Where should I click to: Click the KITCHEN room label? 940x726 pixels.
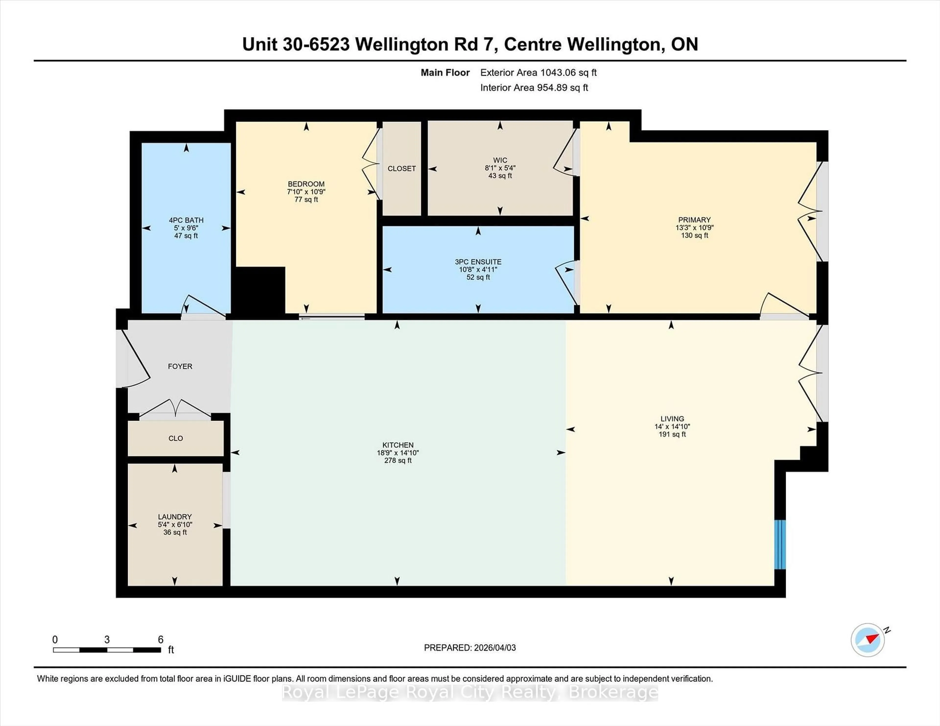click(398, 445)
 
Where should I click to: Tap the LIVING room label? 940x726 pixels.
click(672, 419)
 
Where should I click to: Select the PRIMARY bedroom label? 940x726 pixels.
click(694, 220)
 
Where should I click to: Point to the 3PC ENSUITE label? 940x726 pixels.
click(478, 262)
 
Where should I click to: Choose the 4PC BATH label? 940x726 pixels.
click(186, 220)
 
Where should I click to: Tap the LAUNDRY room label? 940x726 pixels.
click(175, 517)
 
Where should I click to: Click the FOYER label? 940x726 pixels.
click(180, 366)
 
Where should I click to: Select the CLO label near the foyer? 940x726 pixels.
click(176, 438)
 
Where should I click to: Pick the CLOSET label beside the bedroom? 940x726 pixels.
click(401, 169)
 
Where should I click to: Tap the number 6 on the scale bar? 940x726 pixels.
click(161, 640)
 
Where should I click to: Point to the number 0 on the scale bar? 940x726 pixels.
click(55, 640)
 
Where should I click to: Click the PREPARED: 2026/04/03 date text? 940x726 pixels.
click(470, 648)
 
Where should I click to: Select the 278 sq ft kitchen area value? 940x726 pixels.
click(398, 461)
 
